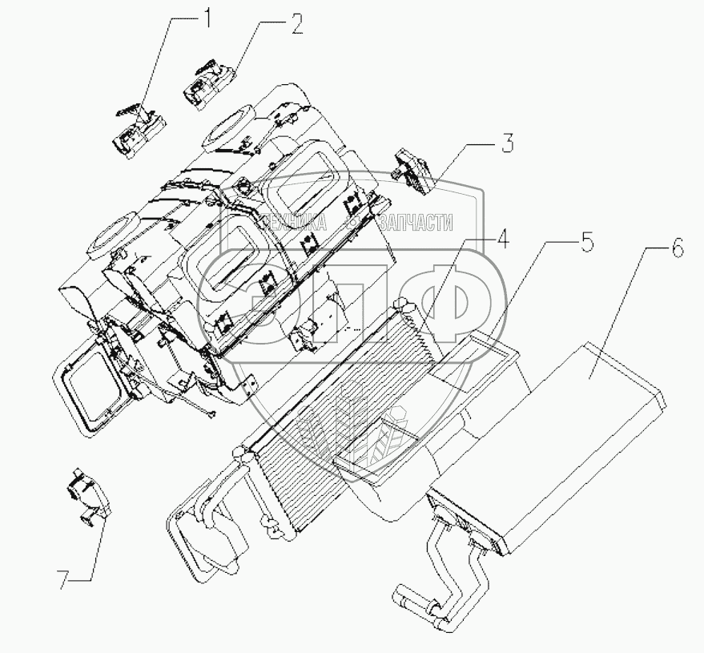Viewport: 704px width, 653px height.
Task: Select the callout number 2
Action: click(296, 26)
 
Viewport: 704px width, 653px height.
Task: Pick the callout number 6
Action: click(677, 249)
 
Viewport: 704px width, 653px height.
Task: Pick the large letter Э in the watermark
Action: click(240, 296)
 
